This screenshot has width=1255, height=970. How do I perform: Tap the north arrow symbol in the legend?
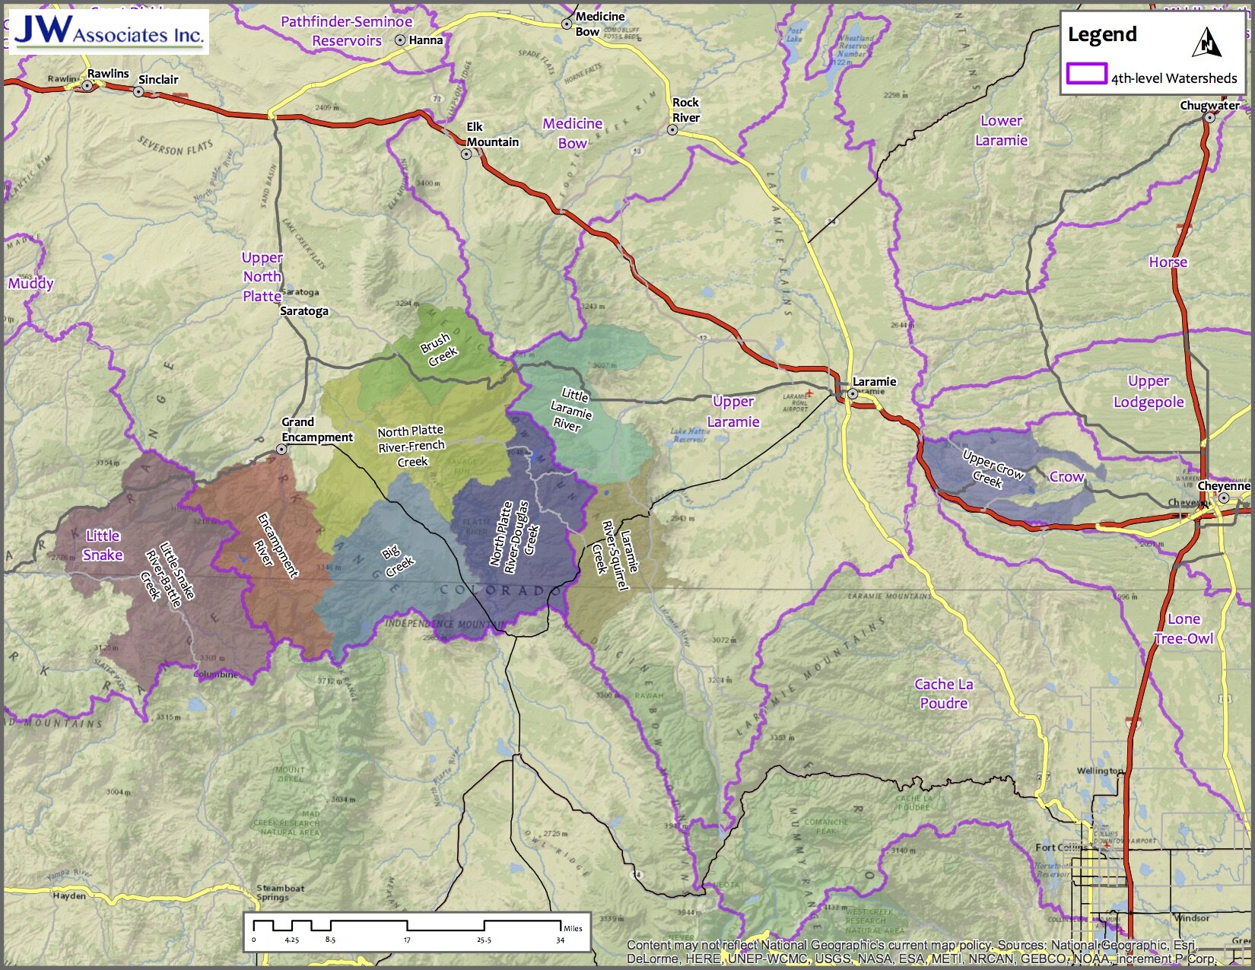[x=1206, y=43]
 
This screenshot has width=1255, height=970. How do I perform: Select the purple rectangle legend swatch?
[x=1086, y=74]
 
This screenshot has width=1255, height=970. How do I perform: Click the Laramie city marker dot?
[x=853, y=394]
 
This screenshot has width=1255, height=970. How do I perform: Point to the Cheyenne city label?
[x=1223, y=485]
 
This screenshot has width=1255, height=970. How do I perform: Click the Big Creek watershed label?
[x=396, y=561]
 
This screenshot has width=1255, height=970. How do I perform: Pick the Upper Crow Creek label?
[x=991, y=469]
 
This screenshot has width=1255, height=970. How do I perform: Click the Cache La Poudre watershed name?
[x=943, y=693]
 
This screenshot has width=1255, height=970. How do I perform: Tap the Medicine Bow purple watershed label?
[x=572, y=133]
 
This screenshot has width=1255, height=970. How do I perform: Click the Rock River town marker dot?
[x=672, y=130]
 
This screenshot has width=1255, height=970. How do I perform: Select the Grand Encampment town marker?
[x=281, y=450]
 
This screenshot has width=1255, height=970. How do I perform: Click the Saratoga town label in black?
[x=303, y=310]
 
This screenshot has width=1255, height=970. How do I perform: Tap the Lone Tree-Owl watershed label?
[x=1184, y=628]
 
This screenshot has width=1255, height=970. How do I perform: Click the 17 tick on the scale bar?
[x=408, y=940]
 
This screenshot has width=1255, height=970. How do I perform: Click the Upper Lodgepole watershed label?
[x=1149, y=391]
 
